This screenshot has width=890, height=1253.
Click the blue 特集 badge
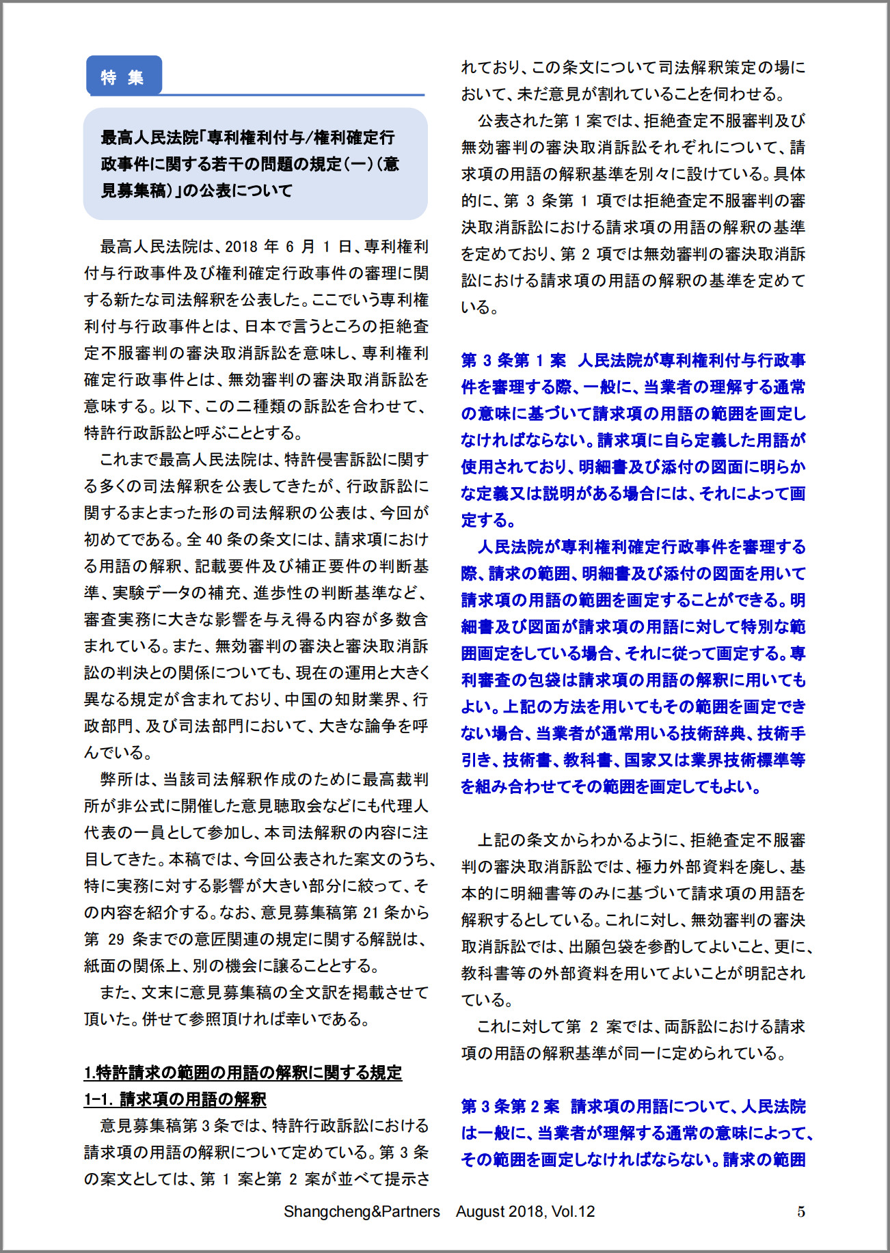pyautogui.click(x=123, y=77)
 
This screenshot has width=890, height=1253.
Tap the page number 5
pyautogui.click(x=801, y=1211)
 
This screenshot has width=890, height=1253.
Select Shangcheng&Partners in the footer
pyautogui.click(x=362, y=1211)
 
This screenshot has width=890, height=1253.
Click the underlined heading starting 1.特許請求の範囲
pyautogui.click(x=243, y=1073)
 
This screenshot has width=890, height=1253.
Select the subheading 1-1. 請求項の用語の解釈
pyautogui.click(x=175, y=1099)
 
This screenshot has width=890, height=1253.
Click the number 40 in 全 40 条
pyautogui.click(x=215, y=540)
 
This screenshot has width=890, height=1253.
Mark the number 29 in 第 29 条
pyautogui.click(x=116, y=939)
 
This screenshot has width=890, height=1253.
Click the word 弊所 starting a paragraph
pyautogui.click(x=116, y=780)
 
